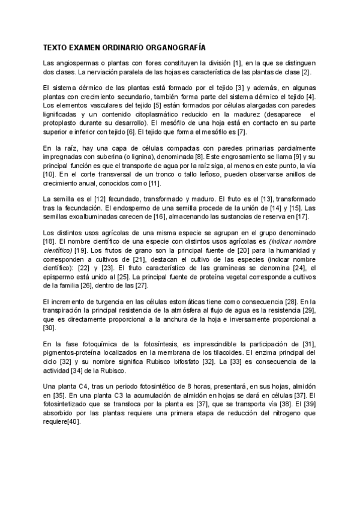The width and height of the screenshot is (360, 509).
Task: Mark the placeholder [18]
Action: pyautogui.click(x=50, y=241)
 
